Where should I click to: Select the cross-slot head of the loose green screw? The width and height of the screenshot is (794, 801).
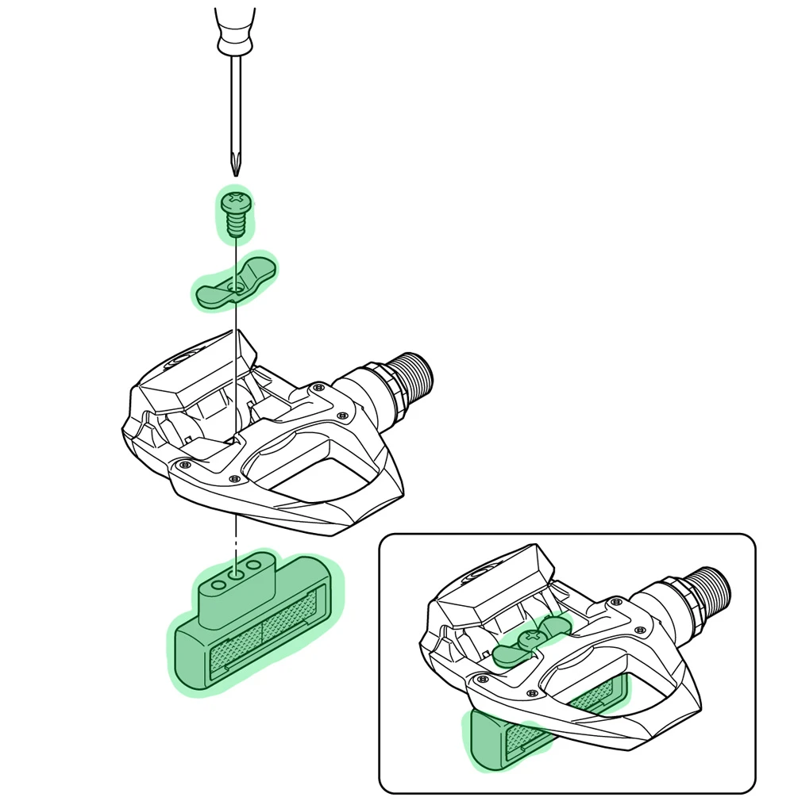pos(235,197)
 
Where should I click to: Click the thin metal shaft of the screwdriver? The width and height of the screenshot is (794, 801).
pos(235,103)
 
